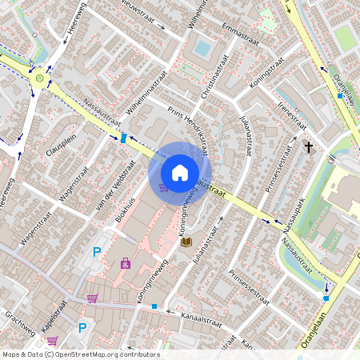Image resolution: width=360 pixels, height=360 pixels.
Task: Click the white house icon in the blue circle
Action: [180, 173]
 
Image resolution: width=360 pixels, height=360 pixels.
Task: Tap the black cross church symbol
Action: [308, 147]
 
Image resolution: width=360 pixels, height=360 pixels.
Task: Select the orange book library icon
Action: [186, 241]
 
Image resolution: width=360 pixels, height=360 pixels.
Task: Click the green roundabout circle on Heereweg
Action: [38, 78]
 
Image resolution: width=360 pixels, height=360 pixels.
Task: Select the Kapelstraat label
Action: [53, 320]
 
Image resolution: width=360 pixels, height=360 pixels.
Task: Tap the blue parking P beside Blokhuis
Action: [97, 252]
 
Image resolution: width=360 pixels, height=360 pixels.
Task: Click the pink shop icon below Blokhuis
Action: [126, 262]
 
